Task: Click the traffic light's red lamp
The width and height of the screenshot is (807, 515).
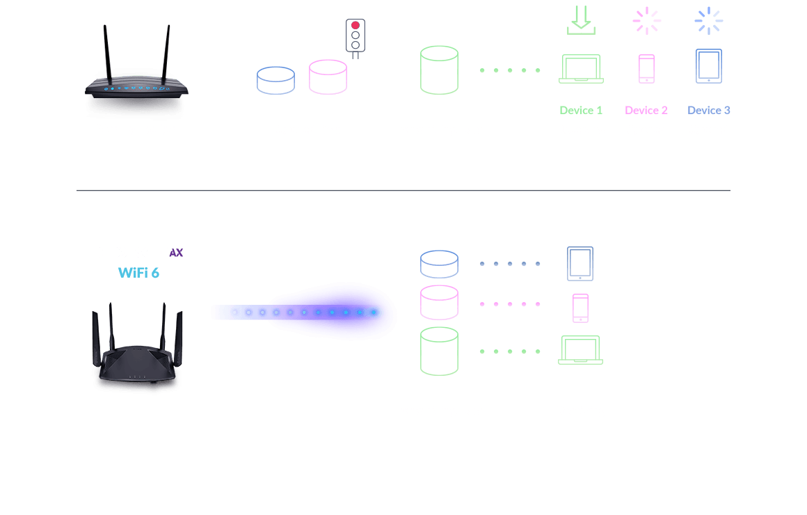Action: [x=355, y=25]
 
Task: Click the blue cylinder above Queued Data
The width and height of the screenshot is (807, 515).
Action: [x=275, y=80]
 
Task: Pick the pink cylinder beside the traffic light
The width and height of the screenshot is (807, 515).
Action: [x=328, y=77]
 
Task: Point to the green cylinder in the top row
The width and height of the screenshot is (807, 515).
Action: [x=439, y=70]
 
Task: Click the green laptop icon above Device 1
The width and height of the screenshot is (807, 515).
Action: [x=581, y=70]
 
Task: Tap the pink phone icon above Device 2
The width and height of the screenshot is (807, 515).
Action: [x=646, y=69]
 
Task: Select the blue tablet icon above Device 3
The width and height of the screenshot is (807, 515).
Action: [x=708, y=66]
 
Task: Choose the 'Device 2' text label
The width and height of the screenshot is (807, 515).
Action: [x=646, y=110]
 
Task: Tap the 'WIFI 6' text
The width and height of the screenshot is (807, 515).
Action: [x=138, y=272]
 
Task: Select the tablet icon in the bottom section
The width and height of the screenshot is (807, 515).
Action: [x=580, y=264]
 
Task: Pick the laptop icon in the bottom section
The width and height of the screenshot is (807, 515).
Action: [x=580, y=350]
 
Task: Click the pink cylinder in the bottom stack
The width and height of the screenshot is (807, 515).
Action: [x=439, y=303]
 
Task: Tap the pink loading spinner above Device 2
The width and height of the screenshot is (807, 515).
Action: [x=646, y=20]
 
